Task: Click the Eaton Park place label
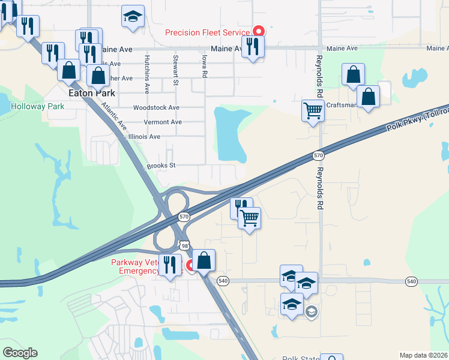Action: click(x=87, y=94)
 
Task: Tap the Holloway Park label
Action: click(x=37, y=106)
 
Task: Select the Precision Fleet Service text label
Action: click(x=208, y=32)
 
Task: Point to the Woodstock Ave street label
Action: click(x=156, y=107)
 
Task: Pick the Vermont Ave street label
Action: click(x=163, y=122)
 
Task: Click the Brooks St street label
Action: click(x=160, y=166)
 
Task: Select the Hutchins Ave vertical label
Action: click(x=146, y=74)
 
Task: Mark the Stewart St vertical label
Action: click(x=176, y=70)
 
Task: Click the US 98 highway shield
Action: click(x=184, y=245)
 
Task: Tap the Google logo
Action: click(x=19, y=353)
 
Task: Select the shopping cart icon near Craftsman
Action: click(x=313, y=110)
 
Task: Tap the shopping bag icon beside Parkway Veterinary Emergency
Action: click(x=204, y=261)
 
